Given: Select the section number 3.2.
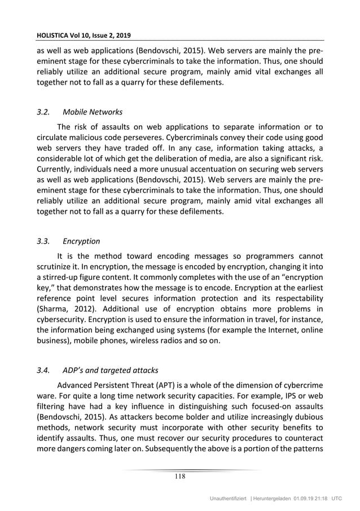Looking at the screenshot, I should [x=43, y=112].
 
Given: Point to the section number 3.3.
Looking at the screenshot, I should [x=43, y=241].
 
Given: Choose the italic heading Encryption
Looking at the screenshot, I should [x=81, y=241].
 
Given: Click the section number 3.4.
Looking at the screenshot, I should [x=43, y=371].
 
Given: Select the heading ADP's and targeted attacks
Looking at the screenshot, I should [x=111, y=371].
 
